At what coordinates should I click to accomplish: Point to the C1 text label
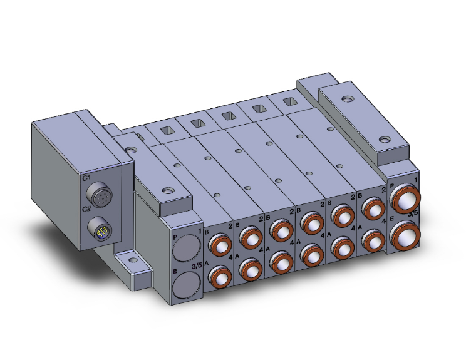pyautogui.click(x=86, y=178)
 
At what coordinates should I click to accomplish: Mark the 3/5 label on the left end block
pyautogui.click(x=195, y=265)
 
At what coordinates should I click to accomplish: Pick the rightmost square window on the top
pyautogui.click(x=289, y=101)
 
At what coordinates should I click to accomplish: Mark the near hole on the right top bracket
pyautogui.click(x=383, y=141)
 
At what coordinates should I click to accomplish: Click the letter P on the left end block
pyautogui.click(x=175, y=237)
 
